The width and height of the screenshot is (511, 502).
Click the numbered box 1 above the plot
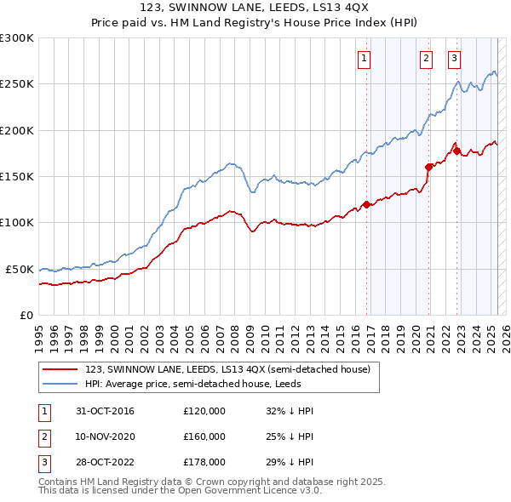pyautogui.click(x=364, y=59)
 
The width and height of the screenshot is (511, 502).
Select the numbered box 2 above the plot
pyautogui.click(x=425, y=59)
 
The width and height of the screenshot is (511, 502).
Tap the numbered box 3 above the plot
pyautogui.click(x=454, y=59)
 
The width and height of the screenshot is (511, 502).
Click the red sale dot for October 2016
pyautogui.click(x=367, y=204)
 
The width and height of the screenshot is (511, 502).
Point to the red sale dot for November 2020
pyautogui.click(x=428, y=167)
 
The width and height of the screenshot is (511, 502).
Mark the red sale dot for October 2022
pyautogui.click(x=457, y=151)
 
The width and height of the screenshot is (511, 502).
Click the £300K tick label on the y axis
pyautogui.click(x=17, y=38)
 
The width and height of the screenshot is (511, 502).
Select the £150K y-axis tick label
pyautogui.click(x=17, y=176)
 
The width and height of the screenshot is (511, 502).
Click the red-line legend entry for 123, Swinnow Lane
pyautogui.click(x=227, y=369)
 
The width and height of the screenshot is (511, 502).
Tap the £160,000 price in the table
pyautogui.click(x=204, y=436)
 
